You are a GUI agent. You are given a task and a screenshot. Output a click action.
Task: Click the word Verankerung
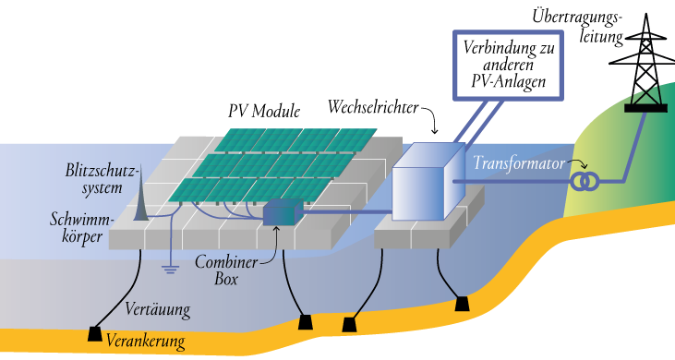145,342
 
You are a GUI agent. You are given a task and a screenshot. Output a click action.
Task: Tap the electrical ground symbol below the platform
170,269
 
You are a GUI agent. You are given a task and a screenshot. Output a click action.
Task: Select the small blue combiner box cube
281,214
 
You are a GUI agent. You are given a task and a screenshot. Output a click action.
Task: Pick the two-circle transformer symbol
584,181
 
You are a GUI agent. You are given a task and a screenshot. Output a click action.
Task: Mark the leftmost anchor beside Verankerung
94,333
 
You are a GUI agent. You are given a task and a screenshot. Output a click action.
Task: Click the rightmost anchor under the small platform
462,303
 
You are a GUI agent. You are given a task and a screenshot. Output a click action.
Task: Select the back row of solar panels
295,139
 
